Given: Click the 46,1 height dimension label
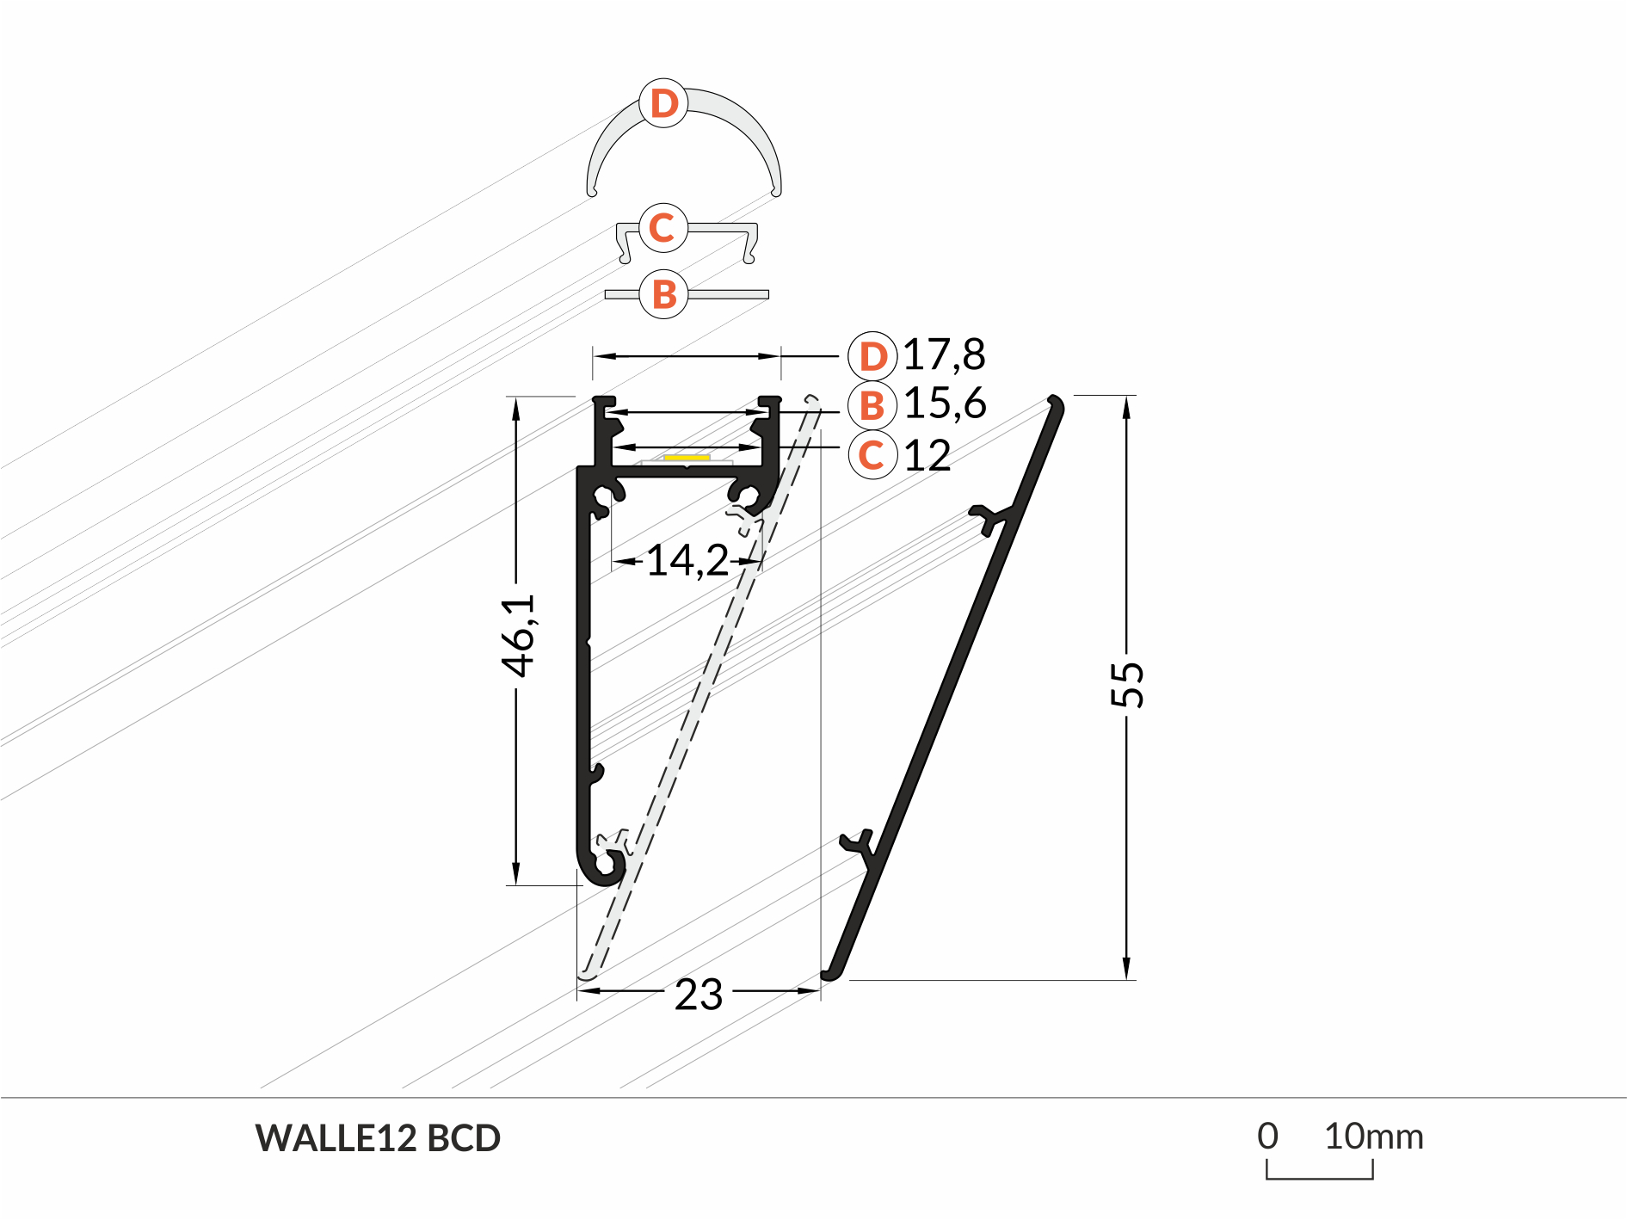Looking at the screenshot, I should tap(519, 635).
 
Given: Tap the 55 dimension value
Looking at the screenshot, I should tap(1127, 685).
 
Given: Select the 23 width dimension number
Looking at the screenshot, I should tap(699, 995).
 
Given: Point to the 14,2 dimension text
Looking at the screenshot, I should tap(687, 560).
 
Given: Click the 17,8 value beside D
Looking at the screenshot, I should tap(944, 354).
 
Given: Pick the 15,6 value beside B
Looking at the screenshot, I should tap(945, 404).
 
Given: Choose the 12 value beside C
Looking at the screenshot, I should tap(928, 455).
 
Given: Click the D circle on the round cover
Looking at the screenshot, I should tap(663, 103).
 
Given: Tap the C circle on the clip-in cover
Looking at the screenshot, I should tap(663, 228).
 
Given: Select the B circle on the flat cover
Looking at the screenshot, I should tap(663, 294).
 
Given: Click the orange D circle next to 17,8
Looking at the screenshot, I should tap(872, 356).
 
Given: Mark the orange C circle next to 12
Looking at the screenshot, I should tap(872, 455).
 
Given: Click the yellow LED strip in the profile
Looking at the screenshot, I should tap(687, 458).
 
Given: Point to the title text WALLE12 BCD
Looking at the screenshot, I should tap(378, 1138).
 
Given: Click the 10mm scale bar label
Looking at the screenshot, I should tap(1373, 1137).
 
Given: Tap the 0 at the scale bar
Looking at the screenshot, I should tap(1267, 1137).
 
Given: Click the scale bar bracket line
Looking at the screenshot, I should tap(1320, 1177).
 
